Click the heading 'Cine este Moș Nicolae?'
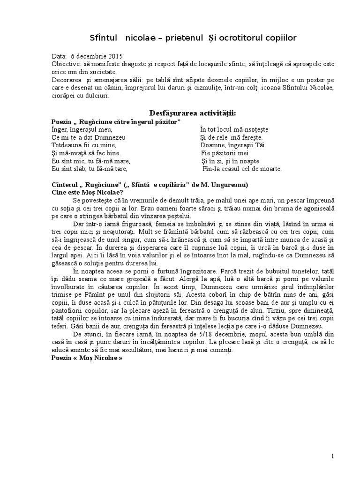coord(87,192)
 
